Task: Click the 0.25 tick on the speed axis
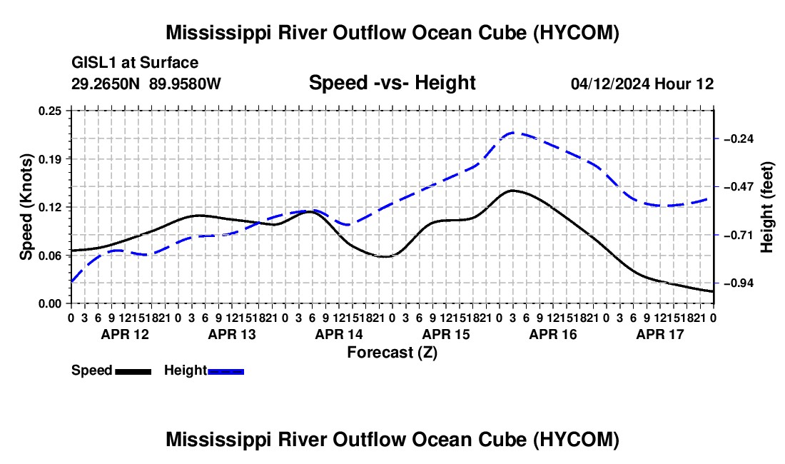(49, 111)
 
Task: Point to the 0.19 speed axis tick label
(49, 159)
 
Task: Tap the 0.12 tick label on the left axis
(49, 207)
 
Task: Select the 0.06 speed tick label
(49, 256)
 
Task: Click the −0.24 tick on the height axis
(739, 138)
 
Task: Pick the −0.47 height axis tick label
(739, 187)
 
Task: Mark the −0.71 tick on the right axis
(739, 235)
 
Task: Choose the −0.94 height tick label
(739, 283)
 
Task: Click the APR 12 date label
(125, 334)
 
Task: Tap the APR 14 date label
(339, 334)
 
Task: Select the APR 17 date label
(660, 334)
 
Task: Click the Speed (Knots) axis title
(26, 207)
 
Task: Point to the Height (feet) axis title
(767, 207)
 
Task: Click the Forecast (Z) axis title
(392, 353)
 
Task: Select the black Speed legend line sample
(133, 371)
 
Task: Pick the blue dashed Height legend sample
(226, 371)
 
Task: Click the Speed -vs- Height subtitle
(392, 82)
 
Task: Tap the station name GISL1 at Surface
(135, 63)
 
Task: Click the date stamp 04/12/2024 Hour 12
(642, 84)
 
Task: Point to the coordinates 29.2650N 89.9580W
(146, 84)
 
